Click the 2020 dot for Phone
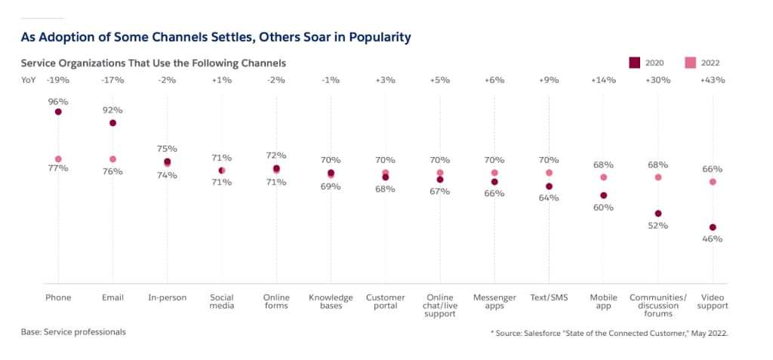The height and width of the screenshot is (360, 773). tap(58, 112)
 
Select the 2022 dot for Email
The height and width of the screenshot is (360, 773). tap(112, 159)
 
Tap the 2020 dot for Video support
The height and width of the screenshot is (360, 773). tap(712, 227)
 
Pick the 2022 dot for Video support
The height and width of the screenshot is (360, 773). tap(712, 182)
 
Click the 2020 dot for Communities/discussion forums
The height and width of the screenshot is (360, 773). tap(658, 214)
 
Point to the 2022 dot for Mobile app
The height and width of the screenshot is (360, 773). tap(603, 177)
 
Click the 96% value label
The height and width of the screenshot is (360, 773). tap(58, 100)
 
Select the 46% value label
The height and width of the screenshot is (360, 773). tap(712, 239)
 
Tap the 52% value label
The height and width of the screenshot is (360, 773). tap(658, 226)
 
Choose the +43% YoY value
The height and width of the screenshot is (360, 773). tap(712, 79)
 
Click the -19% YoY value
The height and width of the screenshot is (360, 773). tap(58, 79)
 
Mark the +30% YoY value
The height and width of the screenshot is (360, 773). tap(658, 79)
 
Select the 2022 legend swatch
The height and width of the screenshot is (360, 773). tap(689, 62)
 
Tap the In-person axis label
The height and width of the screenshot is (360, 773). tap(167, 297)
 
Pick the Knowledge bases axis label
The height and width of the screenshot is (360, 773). tap(331, 302)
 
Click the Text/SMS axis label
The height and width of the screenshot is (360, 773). tap(549, 297)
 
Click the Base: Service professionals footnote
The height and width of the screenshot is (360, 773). tap(73, 331)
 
